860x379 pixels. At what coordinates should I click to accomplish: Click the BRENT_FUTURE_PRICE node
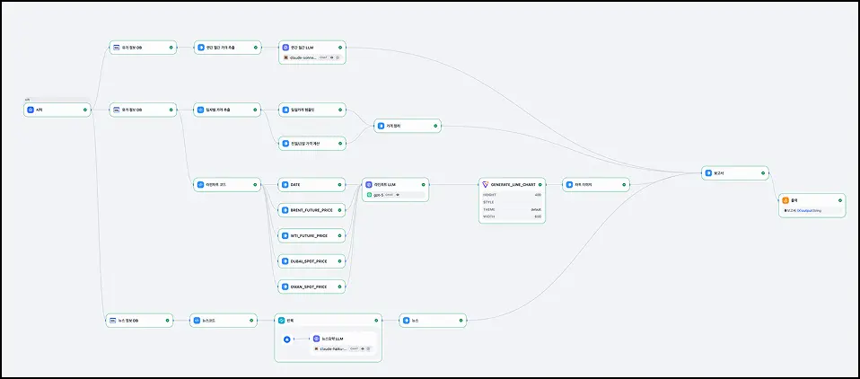[x=311, y=210]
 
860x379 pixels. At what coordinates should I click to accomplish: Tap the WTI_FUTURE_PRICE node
[x=310, y=235]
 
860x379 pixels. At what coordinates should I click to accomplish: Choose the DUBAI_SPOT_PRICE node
[x=311, y=261]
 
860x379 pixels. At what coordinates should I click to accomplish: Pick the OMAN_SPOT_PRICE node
[x=310, y=286]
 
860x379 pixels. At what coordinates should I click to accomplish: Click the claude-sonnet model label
[x=302, y=57]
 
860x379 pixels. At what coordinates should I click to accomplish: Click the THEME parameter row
[x=512, y=209]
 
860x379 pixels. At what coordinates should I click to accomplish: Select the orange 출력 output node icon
[x=785, y=200]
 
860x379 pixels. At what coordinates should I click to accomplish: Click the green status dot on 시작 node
[x=84, y=110]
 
